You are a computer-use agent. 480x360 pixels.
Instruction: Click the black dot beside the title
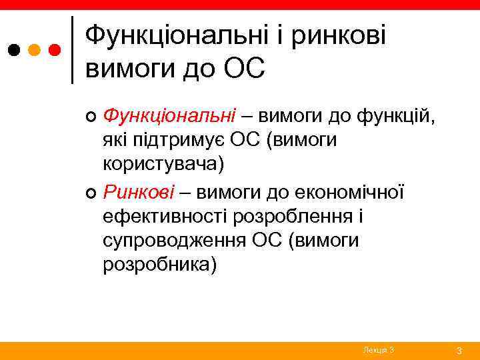click(x=14, y=50)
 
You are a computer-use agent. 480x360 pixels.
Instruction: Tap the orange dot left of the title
click(x=35, y=50)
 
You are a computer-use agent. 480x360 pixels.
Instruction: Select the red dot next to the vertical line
click(x=55, y=50)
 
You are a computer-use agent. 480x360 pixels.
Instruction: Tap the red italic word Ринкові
click(x=139, y=193)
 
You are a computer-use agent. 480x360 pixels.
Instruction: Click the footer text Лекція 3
click(x=379, y=350)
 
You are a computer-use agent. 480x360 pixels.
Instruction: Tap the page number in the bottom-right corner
click(x=459, y=350)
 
